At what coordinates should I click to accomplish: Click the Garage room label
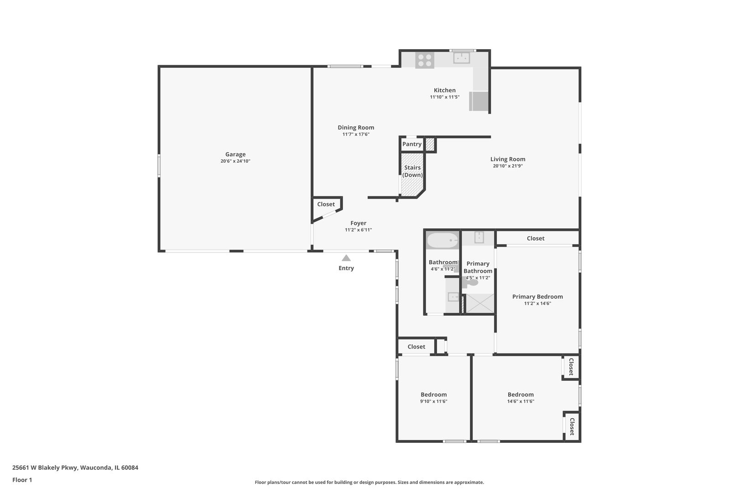coord(235,154)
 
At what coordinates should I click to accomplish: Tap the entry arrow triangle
coord(346,258)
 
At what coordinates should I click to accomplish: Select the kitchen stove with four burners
coord(425,61)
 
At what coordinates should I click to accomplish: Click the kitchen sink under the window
coord(461,58)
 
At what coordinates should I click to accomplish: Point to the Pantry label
coord(412,144)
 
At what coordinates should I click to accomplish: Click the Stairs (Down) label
coord(412,171)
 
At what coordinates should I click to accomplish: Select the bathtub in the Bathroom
coord(442,240)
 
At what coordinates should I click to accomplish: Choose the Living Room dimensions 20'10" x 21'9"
coord(508,166)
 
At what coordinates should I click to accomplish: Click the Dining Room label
coord(356,128)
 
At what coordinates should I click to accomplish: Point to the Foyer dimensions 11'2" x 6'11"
coord(358,230)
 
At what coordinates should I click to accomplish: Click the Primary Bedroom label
coord(537,297)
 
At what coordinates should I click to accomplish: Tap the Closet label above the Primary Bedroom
coord(536,238)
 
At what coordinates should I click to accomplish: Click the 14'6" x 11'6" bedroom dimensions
coord(520,401)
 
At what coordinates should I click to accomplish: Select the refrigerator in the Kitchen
coord(479,101)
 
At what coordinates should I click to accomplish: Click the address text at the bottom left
coord(75,467)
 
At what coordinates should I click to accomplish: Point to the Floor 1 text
coord(22,480)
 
